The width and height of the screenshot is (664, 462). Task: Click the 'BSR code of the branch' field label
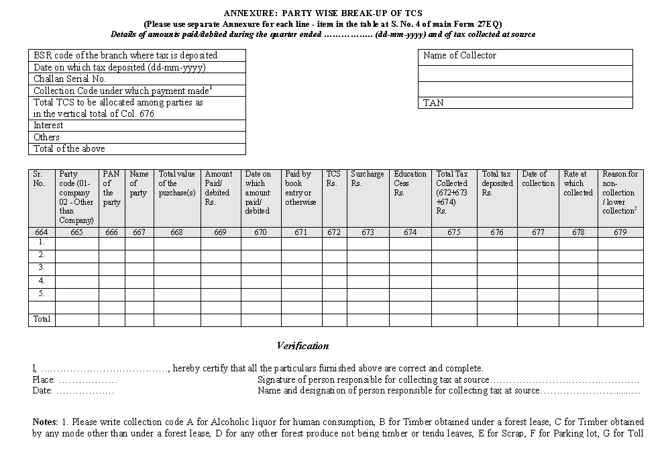(x=125, y=56)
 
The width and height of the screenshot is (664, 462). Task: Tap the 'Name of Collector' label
(x=459, y=56)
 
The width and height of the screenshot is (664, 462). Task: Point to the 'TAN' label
(x=433, y=103)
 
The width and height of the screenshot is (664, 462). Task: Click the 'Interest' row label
(x=48, y=126)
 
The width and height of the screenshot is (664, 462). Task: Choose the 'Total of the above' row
(x=69, y=148)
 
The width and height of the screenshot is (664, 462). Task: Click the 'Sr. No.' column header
(x=40, y=179)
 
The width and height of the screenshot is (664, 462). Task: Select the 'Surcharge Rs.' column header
(x=367, y=179)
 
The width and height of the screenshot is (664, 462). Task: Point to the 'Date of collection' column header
(x=538, y=179)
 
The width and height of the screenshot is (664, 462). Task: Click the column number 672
(x=333, y=232)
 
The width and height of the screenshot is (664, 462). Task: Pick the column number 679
(x=620, y=232)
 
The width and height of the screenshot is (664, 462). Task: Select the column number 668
(x=176, y=232)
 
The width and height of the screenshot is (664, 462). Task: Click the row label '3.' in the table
(x=42, y=268)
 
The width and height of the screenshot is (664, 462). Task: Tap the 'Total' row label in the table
(x=42, y=320)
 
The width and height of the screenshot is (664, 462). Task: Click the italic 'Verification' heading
(x=302, y=346)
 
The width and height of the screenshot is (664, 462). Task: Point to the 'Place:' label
(x=44, y=379)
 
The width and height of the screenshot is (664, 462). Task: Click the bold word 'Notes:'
(x=45, y=422)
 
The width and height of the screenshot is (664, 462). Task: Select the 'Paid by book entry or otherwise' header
(x=300, y=188)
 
